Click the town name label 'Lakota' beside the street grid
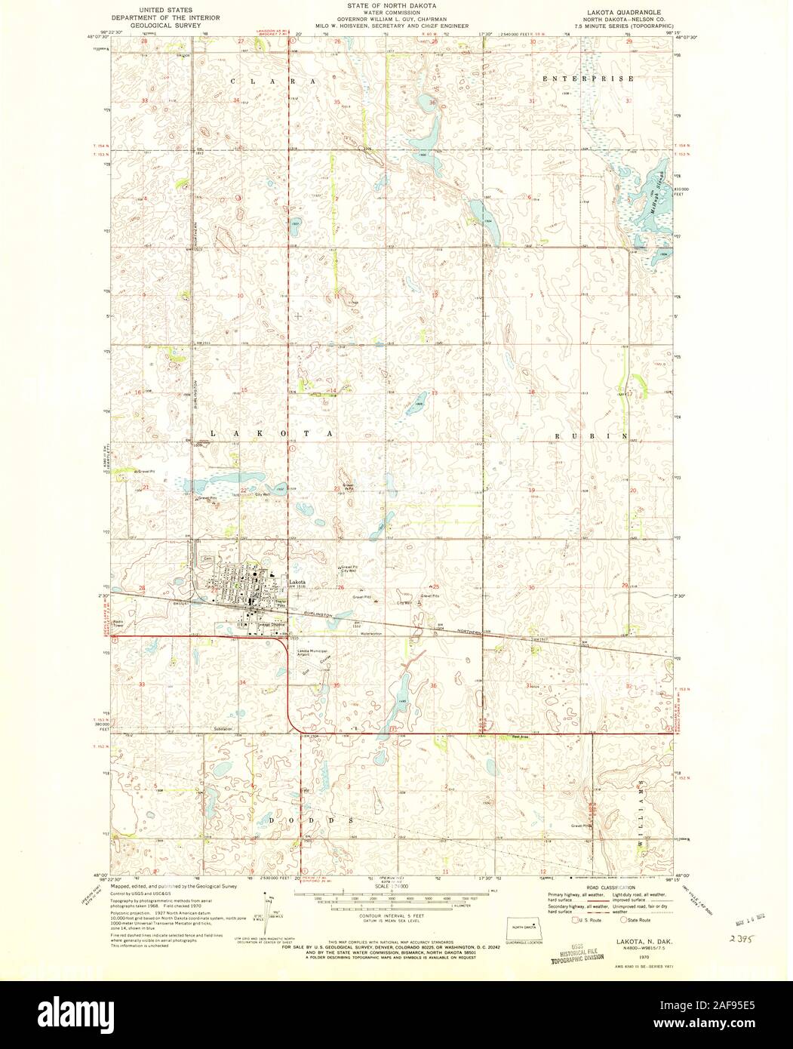(x=299, y=581)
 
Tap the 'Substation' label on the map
(x=223, y=728)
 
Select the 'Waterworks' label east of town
(x=372, y=633)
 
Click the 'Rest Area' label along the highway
(x=519, y=736)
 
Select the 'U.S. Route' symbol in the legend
(x=577, y=920)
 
